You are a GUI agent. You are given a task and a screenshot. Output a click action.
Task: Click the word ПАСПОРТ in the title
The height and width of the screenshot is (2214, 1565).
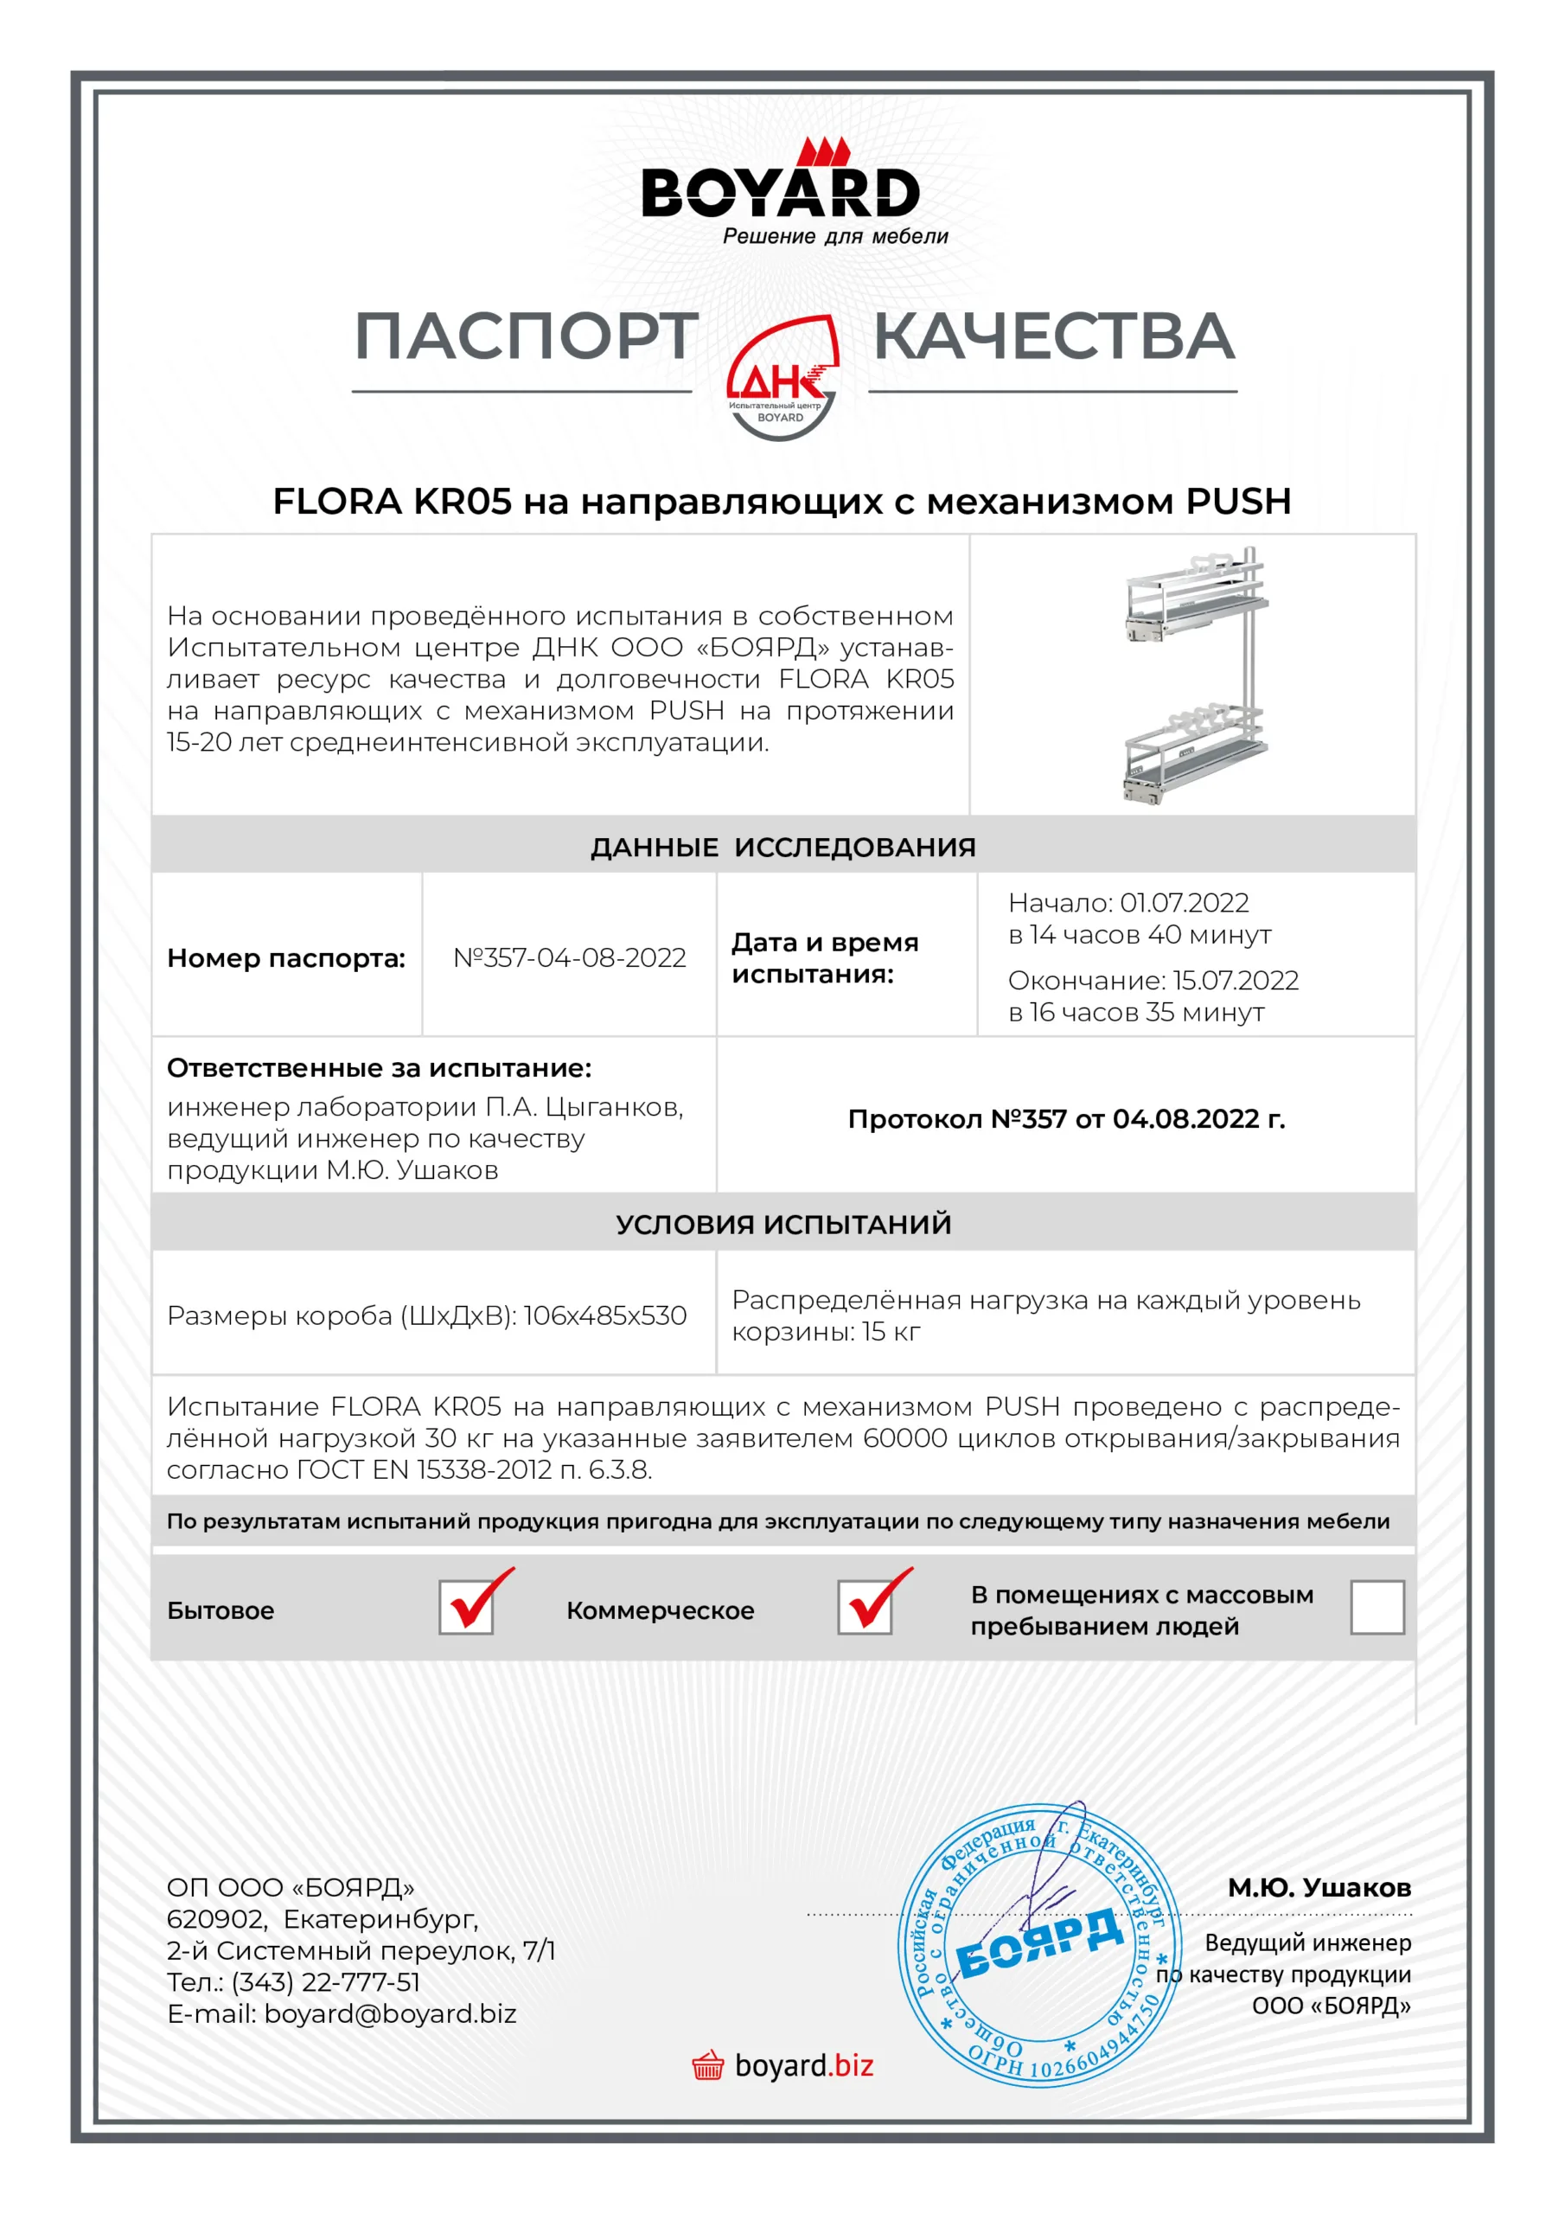click(x=527, y=337)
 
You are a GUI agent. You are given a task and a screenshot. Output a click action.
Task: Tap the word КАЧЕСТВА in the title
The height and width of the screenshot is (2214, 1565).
click(x=1053, y=337)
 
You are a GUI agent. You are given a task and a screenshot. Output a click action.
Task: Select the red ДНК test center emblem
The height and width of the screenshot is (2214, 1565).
click(x=782, y=377)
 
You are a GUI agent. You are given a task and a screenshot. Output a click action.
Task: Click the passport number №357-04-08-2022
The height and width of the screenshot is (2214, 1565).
click(x=569, y=957)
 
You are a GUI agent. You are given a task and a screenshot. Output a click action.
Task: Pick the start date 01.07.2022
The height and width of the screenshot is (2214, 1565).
click(x=1183, y=903)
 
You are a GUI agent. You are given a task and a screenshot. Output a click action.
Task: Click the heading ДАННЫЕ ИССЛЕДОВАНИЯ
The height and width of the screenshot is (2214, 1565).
click(x=783, y=847)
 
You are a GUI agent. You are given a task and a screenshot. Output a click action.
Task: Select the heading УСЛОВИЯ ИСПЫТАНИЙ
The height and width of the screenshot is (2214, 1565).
click(x=783, y=1224)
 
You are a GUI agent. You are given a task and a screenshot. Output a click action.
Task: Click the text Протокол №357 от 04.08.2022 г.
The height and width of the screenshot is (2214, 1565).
click(x=1065, y=1118)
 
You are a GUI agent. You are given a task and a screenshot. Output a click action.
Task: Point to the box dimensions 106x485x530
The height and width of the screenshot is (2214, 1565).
click(x=604, y=1315)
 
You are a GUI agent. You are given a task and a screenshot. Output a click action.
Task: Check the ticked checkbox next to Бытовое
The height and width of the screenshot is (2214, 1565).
click(x=467, y=1608)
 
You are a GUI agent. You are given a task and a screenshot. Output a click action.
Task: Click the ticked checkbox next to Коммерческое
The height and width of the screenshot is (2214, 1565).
click(x=865, y=1608)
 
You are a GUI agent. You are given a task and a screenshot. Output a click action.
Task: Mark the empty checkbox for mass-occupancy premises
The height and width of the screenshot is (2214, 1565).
click(x=1377, y=1608)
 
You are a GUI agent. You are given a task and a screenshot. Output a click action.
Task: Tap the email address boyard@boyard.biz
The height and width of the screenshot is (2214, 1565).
click(x=391, y=2013)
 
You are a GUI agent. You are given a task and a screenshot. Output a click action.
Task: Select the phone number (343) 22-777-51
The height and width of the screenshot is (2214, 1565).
click(x=326, y=1981)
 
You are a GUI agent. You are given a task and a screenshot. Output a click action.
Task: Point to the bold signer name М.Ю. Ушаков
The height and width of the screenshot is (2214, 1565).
click(x=1319, y=1887)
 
